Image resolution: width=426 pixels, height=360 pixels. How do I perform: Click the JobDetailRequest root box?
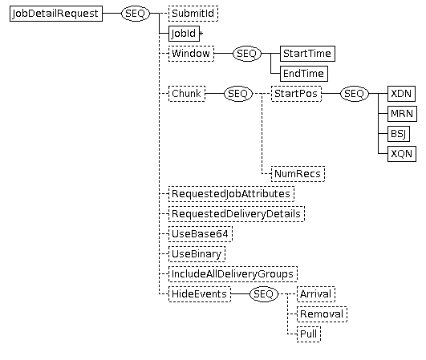click(x=56, y=14)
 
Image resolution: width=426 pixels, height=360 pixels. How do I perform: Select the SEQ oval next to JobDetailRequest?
click(x=136, y=14)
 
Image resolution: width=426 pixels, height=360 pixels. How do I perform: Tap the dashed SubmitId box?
click(x=193, y=14)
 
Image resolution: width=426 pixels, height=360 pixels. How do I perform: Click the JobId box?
click(x=184, y=34)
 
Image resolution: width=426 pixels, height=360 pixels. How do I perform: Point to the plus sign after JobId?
click(x=201, y=34)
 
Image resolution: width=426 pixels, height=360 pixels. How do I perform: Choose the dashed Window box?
click(x=191, y=54)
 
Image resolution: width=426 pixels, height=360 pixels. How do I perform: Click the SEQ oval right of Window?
click(x=247, y=54)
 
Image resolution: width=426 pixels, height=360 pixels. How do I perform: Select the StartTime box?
click(x=307, y=54)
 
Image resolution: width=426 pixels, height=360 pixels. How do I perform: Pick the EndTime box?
click(x=304, y=74)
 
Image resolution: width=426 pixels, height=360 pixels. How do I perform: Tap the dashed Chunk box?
click(x=187, y=94)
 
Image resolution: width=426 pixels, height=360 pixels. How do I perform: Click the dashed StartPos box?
click(x=296, y=94)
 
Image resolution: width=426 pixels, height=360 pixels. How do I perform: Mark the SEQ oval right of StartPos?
click(x=355, y=94)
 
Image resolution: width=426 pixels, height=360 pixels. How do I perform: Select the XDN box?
click(x=402, y=94)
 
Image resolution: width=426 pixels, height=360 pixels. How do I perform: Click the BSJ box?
click(x=399, y=134)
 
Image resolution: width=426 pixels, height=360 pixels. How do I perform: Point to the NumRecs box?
click(x=298, y=174)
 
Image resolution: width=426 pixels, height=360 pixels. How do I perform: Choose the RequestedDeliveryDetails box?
click(x=237, y=214)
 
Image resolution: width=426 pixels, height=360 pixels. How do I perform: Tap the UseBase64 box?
click(x=201, y=234)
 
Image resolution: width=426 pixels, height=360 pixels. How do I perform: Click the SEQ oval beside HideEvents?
click(x=264, y=294)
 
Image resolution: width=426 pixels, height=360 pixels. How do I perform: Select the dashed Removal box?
click(x=322, y=314)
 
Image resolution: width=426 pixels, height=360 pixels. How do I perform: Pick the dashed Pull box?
click(x=309, y=334)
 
